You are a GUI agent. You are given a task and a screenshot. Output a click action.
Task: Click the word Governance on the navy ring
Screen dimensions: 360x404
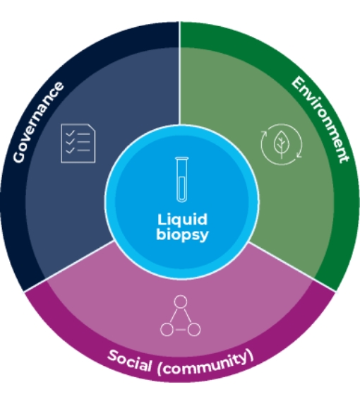coord(39,122)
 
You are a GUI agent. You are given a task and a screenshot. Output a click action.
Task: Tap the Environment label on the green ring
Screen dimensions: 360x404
coord(321,119)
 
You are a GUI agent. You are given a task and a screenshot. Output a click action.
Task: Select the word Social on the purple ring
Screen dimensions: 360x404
coord(129,361)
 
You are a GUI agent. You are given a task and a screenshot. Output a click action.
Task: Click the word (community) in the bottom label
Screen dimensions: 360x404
coord(205,363)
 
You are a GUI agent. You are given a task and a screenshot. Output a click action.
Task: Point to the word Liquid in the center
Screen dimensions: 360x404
coord(182,220)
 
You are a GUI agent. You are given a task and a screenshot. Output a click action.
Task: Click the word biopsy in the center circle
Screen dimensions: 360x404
coord(182,235)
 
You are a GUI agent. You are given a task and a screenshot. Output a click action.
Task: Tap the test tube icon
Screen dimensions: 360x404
coord(182,179)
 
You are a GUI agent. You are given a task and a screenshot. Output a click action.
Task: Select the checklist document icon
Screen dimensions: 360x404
coord(78,143)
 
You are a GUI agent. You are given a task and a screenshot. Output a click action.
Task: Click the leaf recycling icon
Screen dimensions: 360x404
coord(281,144)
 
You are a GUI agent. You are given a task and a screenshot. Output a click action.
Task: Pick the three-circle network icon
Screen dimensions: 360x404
coord(180,316)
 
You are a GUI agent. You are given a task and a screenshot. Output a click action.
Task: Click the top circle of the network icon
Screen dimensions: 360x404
coord(180,302)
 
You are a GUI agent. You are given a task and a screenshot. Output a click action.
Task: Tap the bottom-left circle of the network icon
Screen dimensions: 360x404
coord(167,330)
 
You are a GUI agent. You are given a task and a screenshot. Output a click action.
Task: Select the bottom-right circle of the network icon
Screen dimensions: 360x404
coord(194,330)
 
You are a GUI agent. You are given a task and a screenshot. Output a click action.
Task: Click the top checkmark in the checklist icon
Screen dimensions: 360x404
coord(70,133)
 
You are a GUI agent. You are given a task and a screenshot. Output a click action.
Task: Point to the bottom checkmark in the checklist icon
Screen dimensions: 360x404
coord(70,150)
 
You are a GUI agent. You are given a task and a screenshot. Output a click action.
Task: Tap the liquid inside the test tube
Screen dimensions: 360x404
coord(182,189)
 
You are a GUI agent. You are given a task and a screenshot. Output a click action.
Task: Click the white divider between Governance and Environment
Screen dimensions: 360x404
coord(179,73)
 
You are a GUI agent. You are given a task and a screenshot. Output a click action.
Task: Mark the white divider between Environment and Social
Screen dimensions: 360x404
coord(292,267)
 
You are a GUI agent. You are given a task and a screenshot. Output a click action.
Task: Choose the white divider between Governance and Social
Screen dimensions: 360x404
coord(69,266)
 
